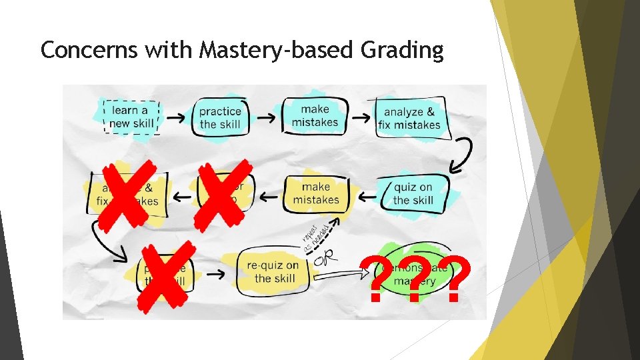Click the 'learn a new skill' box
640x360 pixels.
point(132,117)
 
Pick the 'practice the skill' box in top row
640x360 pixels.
point(221,117)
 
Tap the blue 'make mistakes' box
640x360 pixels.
point(315,116)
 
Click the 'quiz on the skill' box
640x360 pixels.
point(413,193)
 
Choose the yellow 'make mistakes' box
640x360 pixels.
point(316,193)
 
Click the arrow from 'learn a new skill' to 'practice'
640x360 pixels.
point(176,117)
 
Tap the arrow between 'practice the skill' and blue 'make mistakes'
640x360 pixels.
point(267,117)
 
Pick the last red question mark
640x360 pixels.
point(455,279)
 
